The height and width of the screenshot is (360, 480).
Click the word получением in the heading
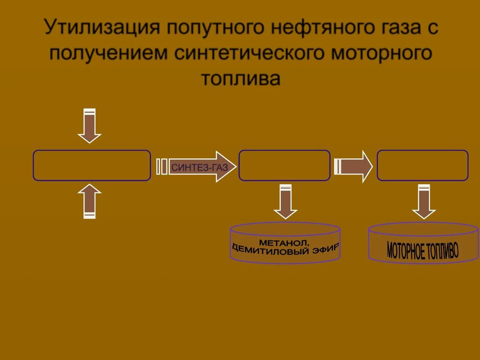(x=108, y=53)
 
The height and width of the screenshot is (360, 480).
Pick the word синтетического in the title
(x=249, y=53)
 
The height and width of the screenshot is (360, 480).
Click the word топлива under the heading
(x=240, y=78)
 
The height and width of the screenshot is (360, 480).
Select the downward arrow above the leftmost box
(x=90, y=126)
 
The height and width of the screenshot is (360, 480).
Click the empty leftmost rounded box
(x=92, y=165)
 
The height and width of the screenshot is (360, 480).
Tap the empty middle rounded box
(x=284, y=165)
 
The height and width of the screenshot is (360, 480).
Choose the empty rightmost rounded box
(x=422, y=165)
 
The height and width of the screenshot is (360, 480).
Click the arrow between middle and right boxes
(x=354, y=166)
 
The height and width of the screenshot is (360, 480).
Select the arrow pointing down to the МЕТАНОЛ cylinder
(x=285, y=202)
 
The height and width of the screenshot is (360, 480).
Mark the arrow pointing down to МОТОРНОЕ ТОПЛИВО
(x=424, y=202)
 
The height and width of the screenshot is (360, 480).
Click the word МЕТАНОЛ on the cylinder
(x=284, y=242)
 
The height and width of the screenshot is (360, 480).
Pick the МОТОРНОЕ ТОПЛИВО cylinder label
(x=423, y=250)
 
